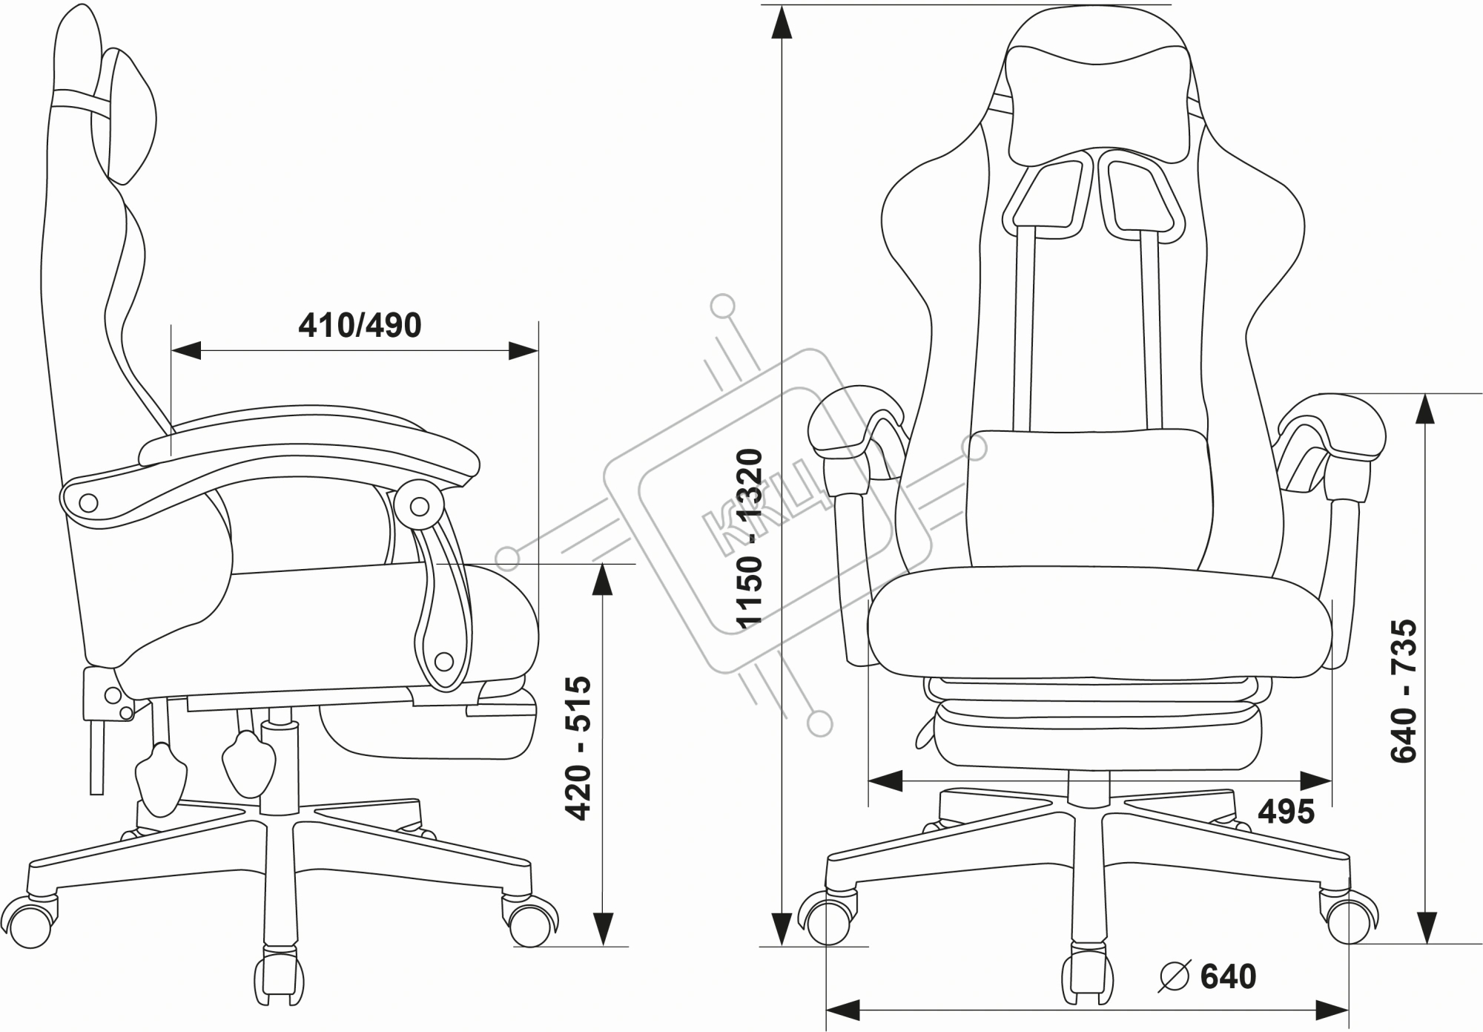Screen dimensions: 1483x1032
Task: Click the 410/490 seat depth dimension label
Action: click(x=360, y=325)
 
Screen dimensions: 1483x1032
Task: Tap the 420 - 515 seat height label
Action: click(x=578, y=748)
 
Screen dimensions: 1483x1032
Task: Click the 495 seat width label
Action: click(x=1286, y=812)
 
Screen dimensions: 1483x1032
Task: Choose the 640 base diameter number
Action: click(x=1228, y=976)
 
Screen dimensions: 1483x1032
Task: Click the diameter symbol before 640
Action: click(x=1175, y=976)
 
